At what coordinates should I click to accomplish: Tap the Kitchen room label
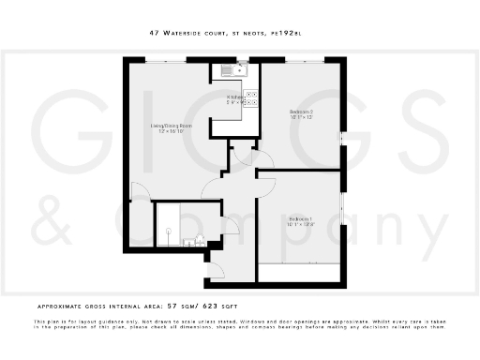click(x=235, y=97)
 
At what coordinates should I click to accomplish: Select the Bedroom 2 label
click(x=301, y=112)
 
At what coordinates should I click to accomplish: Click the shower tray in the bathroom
click(x=169, y=224)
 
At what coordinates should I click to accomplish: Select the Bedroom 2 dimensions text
click(x=301, y=118)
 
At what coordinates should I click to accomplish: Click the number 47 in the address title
click(x=154, y=32)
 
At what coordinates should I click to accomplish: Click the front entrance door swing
click(x=214, y=273)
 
